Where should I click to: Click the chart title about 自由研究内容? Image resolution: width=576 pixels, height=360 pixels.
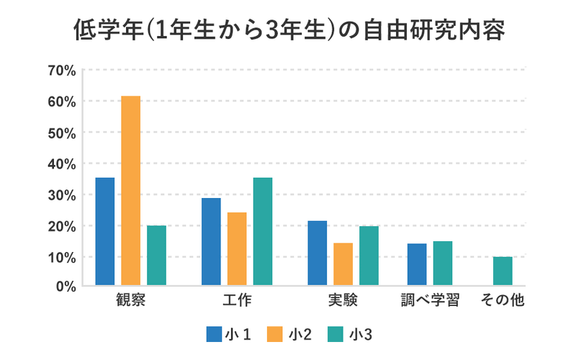288,31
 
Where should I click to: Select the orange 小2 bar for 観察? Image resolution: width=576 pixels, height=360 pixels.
130,191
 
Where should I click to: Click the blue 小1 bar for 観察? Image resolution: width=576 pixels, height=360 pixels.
105,231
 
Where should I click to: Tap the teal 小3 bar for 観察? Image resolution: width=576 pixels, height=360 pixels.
156,256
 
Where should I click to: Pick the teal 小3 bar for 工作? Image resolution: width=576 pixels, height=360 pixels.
263,231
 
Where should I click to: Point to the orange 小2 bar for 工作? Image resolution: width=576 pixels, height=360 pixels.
237,249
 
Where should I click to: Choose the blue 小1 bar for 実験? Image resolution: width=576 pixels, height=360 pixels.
318,253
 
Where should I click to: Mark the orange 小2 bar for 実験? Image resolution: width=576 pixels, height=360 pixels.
343,264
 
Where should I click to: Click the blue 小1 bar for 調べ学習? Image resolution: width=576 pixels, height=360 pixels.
417,264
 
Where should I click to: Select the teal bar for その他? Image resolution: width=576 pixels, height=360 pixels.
503,271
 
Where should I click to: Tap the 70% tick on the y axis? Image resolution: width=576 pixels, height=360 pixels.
61,71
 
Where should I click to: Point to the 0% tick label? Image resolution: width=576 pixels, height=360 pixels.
65,287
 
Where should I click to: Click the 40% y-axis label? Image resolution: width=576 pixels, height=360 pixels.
61,163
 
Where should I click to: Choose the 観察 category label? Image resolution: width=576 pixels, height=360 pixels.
130,300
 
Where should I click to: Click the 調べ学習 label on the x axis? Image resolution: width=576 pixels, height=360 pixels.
430,300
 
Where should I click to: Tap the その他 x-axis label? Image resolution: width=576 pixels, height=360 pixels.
503,300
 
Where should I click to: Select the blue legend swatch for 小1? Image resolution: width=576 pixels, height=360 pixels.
213,334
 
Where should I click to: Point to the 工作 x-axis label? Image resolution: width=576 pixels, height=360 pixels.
237,300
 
